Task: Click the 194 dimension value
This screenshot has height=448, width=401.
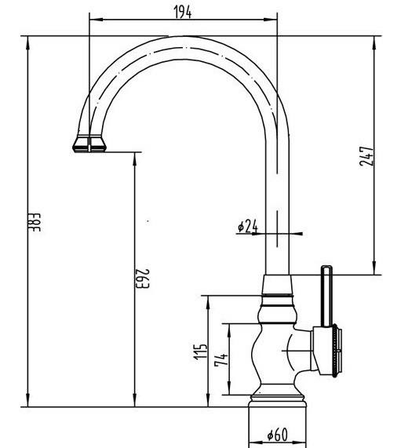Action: coord(183,12)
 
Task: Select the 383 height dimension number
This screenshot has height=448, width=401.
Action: coord(35,222)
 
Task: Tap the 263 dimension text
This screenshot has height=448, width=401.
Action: coord(142,279)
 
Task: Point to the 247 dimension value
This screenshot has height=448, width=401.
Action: coord(366,156)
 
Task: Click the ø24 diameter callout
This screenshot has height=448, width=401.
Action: coord(248,227)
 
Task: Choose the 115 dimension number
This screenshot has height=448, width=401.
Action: coord(200,351)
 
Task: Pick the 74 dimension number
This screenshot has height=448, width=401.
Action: coord(221,359)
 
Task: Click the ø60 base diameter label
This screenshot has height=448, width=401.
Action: coord(277,435)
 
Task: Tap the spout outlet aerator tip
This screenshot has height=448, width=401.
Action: coord(89,145)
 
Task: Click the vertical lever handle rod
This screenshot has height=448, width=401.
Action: coord(326,297)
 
